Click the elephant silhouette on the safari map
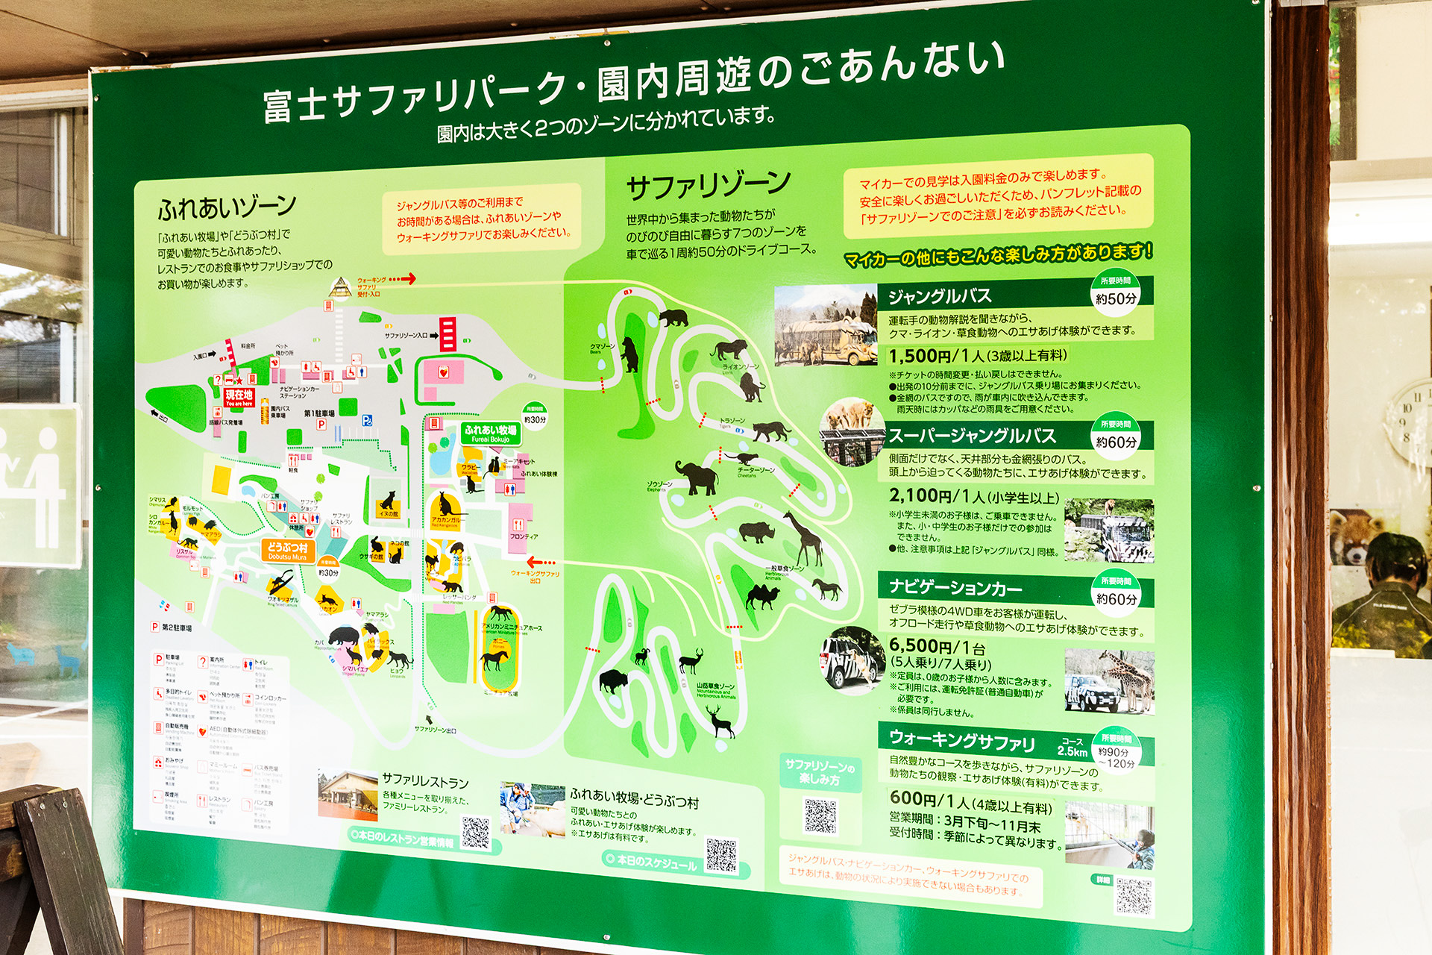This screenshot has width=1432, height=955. pos(697,477)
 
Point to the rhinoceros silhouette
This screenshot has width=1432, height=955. pos(756,531)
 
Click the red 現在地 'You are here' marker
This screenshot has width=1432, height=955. pos(239,397)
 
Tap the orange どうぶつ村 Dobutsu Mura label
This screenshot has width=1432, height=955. pos(287,551)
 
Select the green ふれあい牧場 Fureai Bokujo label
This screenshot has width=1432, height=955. pos(490,433)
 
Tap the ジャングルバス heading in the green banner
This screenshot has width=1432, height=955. pos(939,296)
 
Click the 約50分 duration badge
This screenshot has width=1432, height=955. pos(1116,298)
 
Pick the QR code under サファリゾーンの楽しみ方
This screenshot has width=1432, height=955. pos(820,815)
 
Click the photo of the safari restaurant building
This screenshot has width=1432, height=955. pos(348,796)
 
